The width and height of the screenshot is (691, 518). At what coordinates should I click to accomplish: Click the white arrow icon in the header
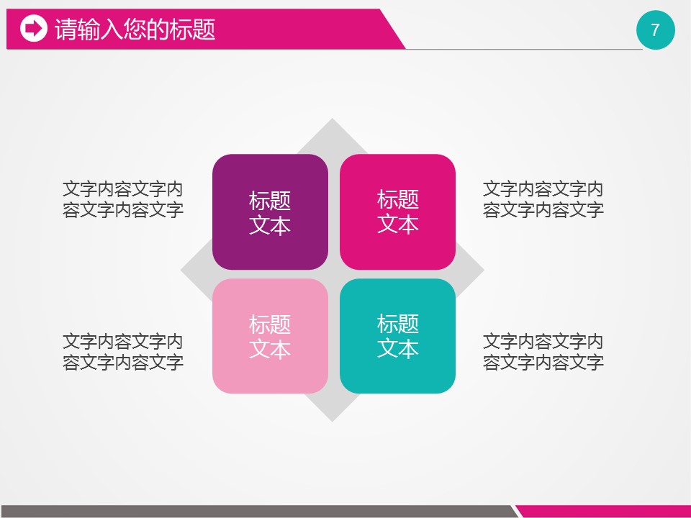34,29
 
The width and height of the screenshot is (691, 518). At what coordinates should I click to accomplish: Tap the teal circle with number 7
655,30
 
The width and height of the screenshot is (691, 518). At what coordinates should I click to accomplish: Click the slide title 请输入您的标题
135,29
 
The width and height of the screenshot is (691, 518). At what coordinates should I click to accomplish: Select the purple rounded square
270,212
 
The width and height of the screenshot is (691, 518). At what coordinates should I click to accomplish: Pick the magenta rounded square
397,212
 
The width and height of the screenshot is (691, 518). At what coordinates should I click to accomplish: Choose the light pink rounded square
270,336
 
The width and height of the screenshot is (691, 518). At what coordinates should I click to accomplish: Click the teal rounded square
397,336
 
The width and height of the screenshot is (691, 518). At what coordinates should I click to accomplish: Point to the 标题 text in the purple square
270,201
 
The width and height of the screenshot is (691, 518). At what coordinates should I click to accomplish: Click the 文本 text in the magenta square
398,224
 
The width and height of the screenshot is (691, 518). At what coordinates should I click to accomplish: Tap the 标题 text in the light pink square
270,324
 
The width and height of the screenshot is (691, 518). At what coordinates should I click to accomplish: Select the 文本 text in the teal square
398,348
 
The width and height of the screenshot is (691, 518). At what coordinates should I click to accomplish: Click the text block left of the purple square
123,199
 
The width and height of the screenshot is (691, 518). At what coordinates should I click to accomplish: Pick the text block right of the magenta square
543,199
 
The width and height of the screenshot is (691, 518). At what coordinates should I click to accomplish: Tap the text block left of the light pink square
123,352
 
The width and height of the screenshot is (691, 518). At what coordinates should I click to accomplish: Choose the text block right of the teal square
543,352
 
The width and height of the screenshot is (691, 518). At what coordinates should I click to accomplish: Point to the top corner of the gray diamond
333,119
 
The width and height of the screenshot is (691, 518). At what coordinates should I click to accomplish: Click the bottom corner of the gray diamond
333,422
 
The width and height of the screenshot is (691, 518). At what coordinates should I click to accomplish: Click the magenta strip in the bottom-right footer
604,512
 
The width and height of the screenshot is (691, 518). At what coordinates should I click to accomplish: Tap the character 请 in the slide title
66,29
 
